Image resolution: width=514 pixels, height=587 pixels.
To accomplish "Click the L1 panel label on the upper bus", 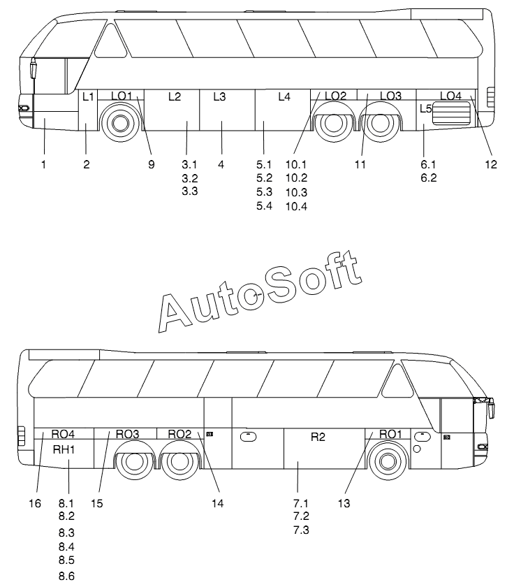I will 88,97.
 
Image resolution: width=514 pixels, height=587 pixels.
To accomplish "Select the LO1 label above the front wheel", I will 122,96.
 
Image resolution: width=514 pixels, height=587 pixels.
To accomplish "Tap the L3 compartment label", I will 219,97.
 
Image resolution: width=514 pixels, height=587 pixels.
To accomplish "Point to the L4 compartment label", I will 284,97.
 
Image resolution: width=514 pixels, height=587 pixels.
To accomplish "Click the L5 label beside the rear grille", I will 426,108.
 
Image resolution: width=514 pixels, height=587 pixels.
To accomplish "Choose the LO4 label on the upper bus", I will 450,95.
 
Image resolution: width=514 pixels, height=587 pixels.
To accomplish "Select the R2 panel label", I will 318,437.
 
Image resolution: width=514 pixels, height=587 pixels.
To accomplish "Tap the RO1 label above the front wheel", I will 390,434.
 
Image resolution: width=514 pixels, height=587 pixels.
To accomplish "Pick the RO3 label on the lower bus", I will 127,434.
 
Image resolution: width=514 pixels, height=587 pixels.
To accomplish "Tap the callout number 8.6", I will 66,577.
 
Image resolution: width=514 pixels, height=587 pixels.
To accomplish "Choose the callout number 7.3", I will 301,530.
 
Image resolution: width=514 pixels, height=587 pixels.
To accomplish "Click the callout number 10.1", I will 296,164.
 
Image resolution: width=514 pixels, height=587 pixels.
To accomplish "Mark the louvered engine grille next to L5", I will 453,113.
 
